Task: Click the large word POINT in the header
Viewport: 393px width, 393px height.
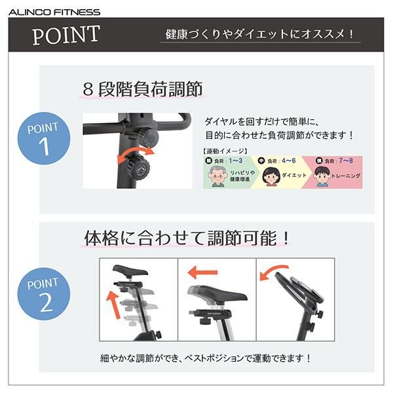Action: pyautogui.click(x=66, y=35)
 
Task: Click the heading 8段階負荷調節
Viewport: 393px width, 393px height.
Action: pyautogui.click(x=142, y=89)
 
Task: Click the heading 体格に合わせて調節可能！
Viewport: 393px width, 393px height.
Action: pyautogui.click(x=187, y=238)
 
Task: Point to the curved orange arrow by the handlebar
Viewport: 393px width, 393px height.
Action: pyautogui.click(x=272, y=271)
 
